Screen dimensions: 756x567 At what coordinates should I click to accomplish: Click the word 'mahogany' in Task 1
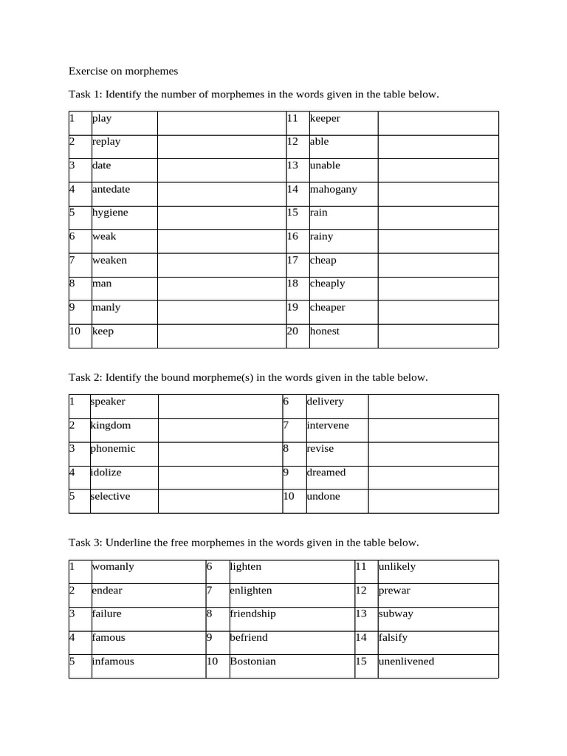click(333, 189)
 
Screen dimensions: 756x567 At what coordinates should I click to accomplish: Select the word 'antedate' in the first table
click(111, 189)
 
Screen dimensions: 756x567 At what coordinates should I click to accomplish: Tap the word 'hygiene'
click(110, 213)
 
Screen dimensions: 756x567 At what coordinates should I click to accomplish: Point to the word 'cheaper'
click(327, 307)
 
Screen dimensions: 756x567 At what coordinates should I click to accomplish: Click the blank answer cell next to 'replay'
click(221, 142)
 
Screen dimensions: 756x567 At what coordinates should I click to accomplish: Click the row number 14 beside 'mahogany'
click(292, 189)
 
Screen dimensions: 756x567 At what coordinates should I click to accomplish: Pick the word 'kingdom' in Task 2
click(111, 425)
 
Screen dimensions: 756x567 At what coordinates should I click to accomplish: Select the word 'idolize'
click(107, 472)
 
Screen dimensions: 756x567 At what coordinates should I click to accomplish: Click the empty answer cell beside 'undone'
click(433, 497)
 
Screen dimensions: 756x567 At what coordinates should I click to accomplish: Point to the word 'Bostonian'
click(252, 661)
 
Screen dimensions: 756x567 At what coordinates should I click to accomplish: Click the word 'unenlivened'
click(406, 661)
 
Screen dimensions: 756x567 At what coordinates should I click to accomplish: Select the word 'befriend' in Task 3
click(249, 637)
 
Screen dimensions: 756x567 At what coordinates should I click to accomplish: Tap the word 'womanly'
click(113, 567)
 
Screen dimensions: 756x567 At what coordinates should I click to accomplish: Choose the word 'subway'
click(396, 614)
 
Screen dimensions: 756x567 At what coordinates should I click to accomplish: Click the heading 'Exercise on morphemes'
click(123, 72)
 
